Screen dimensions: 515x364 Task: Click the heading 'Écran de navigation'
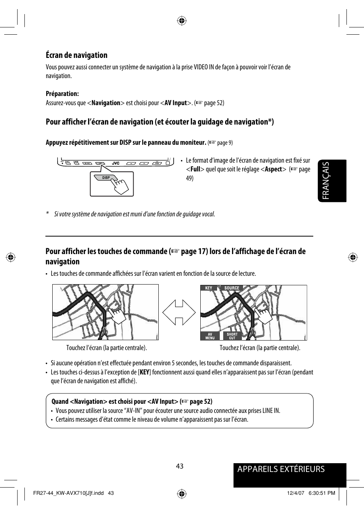point(76,55)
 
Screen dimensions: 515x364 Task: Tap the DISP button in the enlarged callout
point(106,178)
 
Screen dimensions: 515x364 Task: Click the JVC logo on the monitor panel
point(116,163)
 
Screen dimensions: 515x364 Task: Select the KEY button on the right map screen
point(208,288)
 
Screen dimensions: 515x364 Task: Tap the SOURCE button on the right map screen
point(232,288)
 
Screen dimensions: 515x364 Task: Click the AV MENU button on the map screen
point(210,336)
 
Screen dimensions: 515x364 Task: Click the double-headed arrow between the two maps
point(179,312)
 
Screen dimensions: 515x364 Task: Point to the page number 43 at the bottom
point(180,466)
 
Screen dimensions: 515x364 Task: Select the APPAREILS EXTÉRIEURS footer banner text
point(281,469)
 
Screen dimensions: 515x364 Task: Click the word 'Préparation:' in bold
point(62,94)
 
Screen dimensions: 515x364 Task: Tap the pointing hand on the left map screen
point(116,315)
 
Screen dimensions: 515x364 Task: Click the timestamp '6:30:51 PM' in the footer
point(321,493)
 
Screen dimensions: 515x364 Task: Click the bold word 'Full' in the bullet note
point(195,169)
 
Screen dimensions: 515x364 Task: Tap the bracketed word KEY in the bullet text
point(144,372)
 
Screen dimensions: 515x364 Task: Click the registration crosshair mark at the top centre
point(182,21)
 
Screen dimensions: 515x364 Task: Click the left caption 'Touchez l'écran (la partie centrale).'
point(106,348)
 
